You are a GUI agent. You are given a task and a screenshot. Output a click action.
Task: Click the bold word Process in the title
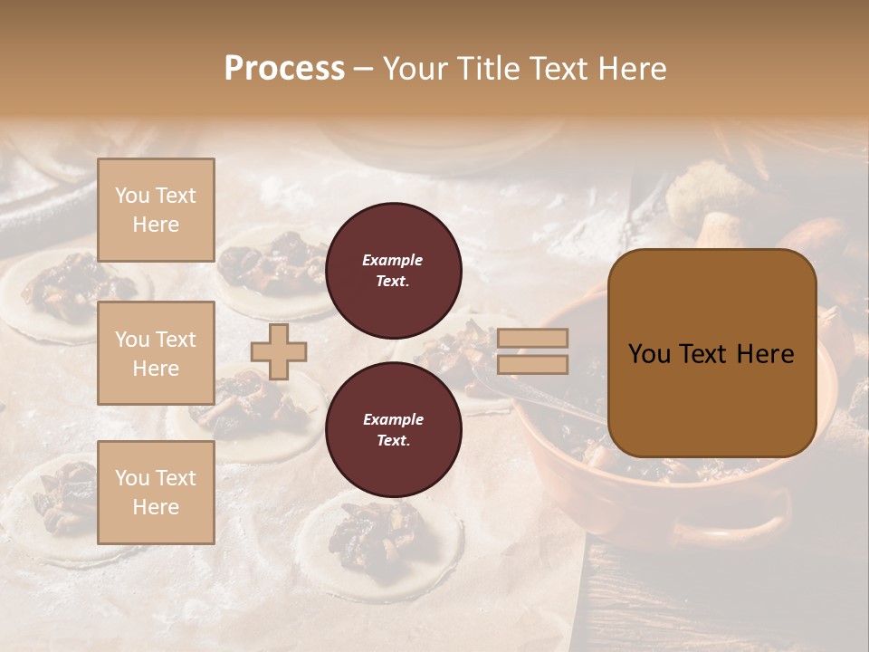[x=284, y=69]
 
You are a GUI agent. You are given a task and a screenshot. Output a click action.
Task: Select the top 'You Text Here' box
[x=156, y=210]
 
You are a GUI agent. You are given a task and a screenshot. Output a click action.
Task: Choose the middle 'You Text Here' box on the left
[x=156, y=353]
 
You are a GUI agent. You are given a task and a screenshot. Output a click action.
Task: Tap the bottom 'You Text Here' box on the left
[x=156, y=492]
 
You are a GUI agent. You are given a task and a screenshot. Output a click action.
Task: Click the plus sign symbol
[x=279, y=351]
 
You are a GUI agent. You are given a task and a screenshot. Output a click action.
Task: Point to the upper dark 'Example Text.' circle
[x=393, y=270]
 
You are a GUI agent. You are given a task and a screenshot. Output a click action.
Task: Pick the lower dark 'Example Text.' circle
[x=393, y=429]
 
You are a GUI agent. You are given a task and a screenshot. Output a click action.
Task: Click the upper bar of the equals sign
[x=533, y=339]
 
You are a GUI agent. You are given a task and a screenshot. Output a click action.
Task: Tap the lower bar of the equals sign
[x=533, y=364]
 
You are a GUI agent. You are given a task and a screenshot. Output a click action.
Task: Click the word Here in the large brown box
[x=765, y=354]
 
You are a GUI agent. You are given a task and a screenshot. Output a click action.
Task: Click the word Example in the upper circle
[x=393, y=260]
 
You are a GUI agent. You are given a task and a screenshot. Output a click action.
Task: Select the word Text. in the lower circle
[x=393, y=440]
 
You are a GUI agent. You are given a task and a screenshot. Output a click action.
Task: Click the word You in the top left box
[x=131, y=196]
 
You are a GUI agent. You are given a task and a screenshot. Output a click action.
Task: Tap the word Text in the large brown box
[x=702, y=354]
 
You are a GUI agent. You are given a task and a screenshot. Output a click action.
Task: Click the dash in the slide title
[x=364, y=69]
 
